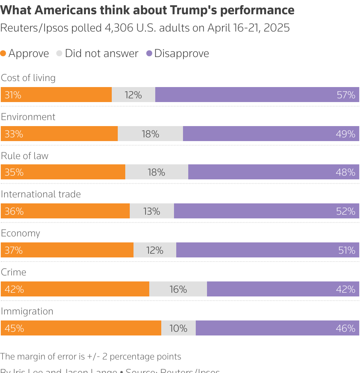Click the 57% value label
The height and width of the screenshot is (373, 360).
346,95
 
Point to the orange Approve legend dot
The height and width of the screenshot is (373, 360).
3,54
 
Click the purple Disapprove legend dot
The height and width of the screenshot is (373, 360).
149,54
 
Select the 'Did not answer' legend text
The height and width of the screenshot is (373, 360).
102,54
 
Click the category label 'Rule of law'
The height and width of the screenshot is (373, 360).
25,156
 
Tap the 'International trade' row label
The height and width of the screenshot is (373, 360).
41,194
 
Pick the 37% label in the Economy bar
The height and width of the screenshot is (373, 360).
14,250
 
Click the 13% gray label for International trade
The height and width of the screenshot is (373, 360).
151,211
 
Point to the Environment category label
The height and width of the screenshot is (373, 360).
28,117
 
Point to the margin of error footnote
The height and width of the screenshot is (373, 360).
91,356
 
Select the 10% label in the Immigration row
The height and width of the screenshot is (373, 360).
178,328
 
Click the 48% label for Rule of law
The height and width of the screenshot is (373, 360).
346,172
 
